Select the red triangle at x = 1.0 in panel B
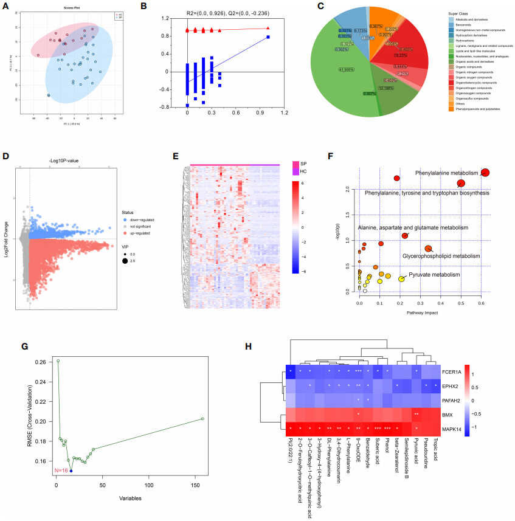click(x=268, y=28)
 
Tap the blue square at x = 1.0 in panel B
click(x=268, y=38)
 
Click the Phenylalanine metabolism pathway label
click(x=447, y=173)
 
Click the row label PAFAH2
click(x=452, y=400)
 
